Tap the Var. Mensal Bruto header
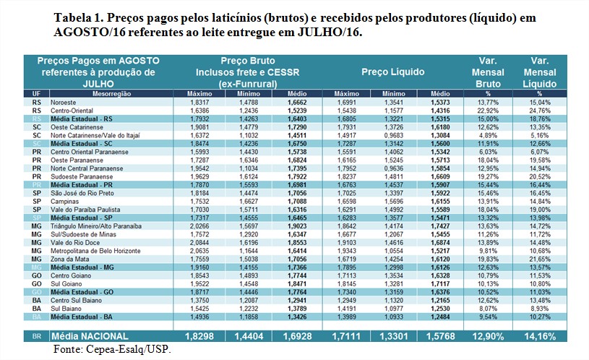pyautogui.click(x=488, y=72)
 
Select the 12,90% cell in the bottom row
pyautogui.click(x=488, y=336)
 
